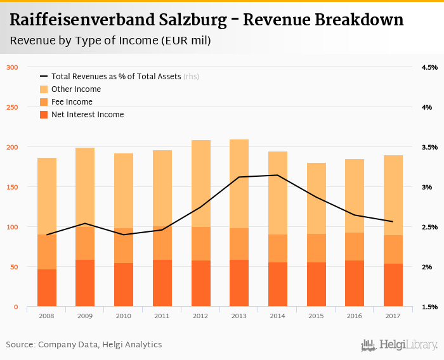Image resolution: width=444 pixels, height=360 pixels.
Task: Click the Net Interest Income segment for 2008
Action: (47, 288)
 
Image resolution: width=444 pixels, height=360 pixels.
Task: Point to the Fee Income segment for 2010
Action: (124, 245)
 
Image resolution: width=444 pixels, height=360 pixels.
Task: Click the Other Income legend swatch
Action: (44, 89)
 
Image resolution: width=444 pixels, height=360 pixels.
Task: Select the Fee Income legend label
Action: (72, 102)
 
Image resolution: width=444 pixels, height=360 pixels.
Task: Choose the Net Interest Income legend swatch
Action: (44, 115)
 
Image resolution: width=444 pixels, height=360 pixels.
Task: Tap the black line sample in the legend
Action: (44, 76)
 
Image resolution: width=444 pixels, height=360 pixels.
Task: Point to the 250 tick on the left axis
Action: (12, 107)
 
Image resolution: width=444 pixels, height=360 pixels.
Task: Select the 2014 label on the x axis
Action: (277, 315)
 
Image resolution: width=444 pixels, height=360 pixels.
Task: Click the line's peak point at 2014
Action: (277, 175)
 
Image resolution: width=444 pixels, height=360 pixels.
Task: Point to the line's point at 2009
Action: (85, 223)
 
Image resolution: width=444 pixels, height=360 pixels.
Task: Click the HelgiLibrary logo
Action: (399, 345)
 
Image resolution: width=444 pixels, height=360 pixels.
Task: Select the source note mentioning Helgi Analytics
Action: (84, 345)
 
